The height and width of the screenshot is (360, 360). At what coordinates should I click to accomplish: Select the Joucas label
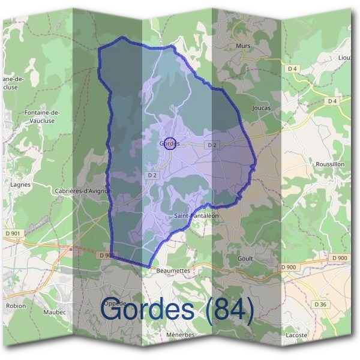tap(262, 108)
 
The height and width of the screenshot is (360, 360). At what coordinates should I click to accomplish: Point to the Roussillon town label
tap(330, 164)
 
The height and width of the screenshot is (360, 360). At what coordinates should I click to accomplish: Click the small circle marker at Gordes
tap(170, 143)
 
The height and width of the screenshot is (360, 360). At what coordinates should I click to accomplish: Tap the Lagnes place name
tap(20, 185)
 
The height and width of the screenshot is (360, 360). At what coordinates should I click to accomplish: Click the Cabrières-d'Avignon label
tap(84, 191)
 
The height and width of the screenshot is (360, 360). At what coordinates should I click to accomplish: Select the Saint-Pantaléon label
tap(195, 215)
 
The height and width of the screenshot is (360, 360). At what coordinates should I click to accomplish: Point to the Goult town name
tap(245, 259)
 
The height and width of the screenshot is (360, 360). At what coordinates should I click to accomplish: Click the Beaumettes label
tap(173, 271)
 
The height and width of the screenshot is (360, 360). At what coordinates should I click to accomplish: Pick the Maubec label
tap(54, 312)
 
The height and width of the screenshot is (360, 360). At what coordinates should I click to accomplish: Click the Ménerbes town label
tap(180, 335)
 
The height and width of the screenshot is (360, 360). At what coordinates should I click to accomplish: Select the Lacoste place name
tap(296, 335)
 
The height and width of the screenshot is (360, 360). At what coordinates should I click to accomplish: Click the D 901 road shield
tap(11, 233)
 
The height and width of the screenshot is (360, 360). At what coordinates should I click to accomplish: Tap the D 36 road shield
tap(321, 305)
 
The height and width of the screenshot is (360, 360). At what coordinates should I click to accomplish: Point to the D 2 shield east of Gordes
tap(211, 145)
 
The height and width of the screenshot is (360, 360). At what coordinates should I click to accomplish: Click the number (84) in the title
tap(227, 309)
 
